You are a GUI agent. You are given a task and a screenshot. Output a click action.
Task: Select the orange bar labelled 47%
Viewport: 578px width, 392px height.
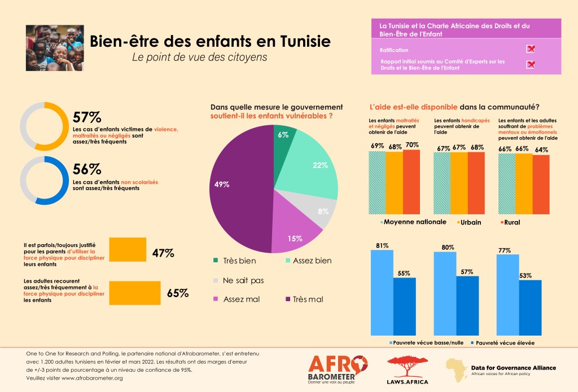click(127, 250)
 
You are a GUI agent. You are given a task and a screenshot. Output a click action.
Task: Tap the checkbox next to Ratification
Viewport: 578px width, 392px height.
click(530, 50)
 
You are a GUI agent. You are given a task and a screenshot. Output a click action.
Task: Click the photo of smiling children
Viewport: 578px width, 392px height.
click(54, 48)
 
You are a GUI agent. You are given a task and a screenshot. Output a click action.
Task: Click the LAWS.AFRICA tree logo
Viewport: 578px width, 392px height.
click(408, 369)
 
